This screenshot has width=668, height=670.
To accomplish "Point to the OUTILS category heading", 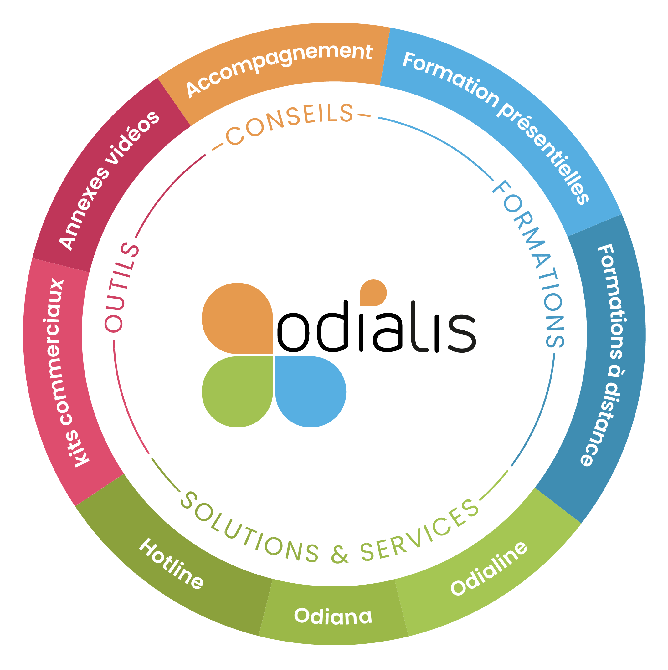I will point(121,288).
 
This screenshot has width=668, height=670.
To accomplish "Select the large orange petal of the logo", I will point(237,318).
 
